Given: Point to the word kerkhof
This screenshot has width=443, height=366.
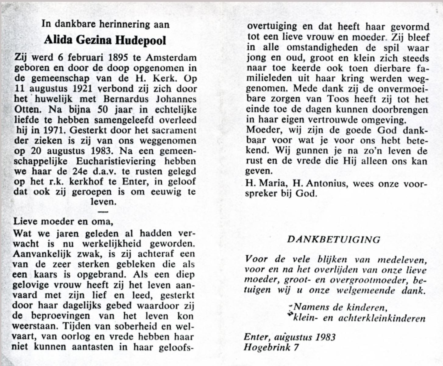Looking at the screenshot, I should point(83,182).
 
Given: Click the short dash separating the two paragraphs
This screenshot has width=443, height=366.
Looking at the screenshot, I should point(103,211).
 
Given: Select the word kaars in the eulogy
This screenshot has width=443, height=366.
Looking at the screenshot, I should point(44,274).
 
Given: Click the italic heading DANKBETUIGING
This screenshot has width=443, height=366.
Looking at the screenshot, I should point(334,240).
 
